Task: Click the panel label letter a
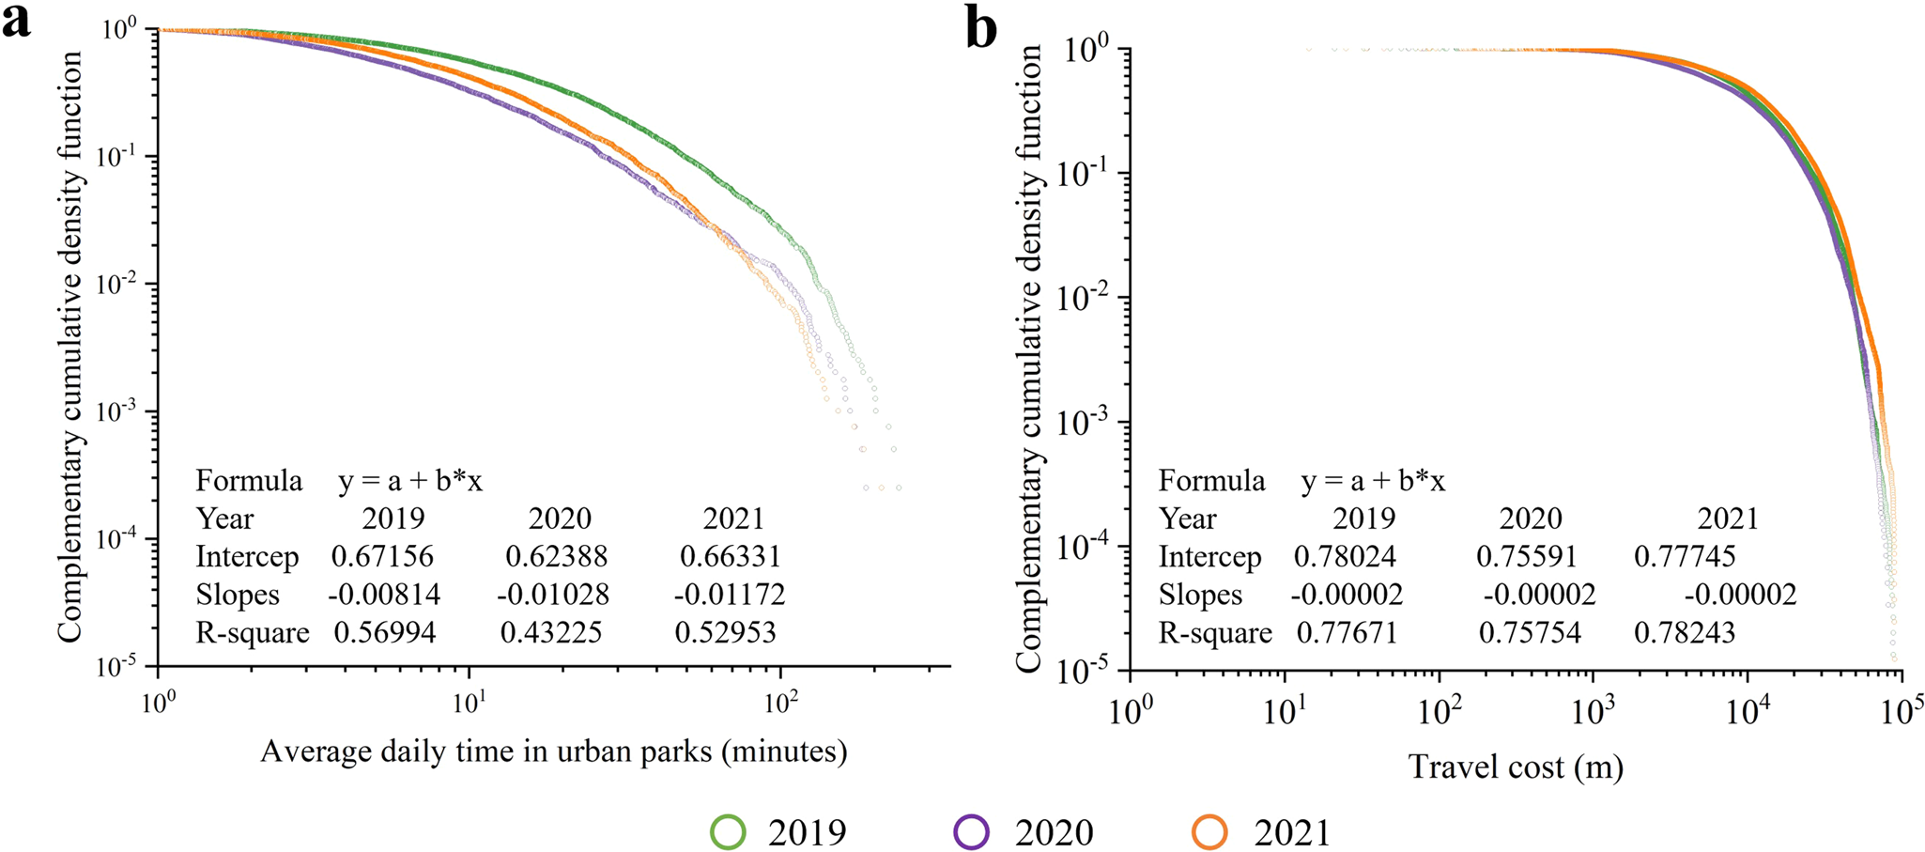[x=16, y=21]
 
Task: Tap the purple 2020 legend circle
[x=971, y=832]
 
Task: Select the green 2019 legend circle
[x=729, y=832]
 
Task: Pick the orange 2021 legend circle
[x=1210, y=832]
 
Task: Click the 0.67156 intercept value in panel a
[x=382, y=557]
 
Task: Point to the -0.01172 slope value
[x=729, y=595]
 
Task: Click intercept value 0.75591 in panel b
[x=1526, y=557]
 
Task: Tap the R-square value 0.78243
[x=1684, y=633]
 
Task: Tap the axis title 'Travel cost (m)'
[x=1516, y=767]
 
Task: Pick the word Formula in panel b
[x=1211, y=481]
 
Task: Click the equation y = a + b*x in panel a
[x=410, y=481]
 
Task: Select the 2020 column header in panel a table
[x=560, y=519]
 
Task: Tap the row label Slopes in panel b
[x=1200, y=595]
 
